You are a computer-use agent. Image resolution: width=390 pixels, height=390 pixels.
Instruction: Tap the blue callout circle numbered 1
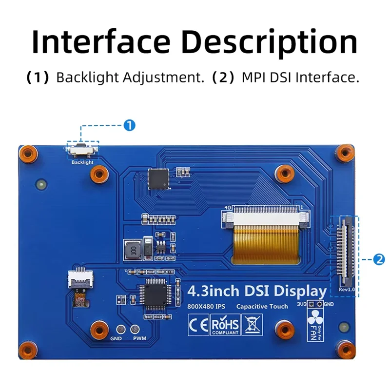[x=129, y=125]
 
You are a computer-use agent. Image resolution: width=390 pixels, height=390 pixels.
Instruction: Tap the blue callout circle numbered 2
[x=379, y=259]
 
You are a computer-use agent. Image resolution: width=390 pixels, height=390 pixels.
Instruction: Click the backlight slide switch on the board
[x=82, y=149]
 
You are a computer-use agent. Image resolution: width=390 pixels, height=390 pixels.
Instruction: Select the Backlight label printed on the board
[x=82, y=162]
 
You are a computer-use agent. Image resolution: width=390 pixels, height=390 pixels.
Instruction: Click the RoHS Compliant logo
[x=225, y=325]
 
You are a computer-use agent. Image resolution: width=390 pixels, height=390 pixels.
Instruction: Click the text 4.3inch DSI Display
[x=256, y=292]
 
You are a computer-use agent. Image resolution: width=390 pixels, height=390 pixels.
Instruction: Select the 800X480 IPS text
[x=206, y=307]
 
